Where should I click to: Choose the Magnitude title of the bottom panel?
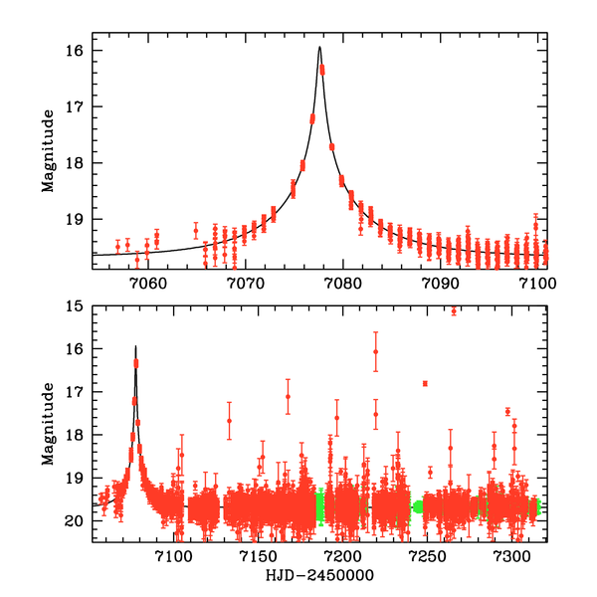pyautogui.click(x=48, y=424)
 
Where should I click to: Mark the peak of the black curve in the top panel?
pyautogui.click(x=319, y=47)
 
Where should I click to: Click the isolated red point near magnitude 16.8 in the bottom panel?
pyautogui.click(x=425, y=383)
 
